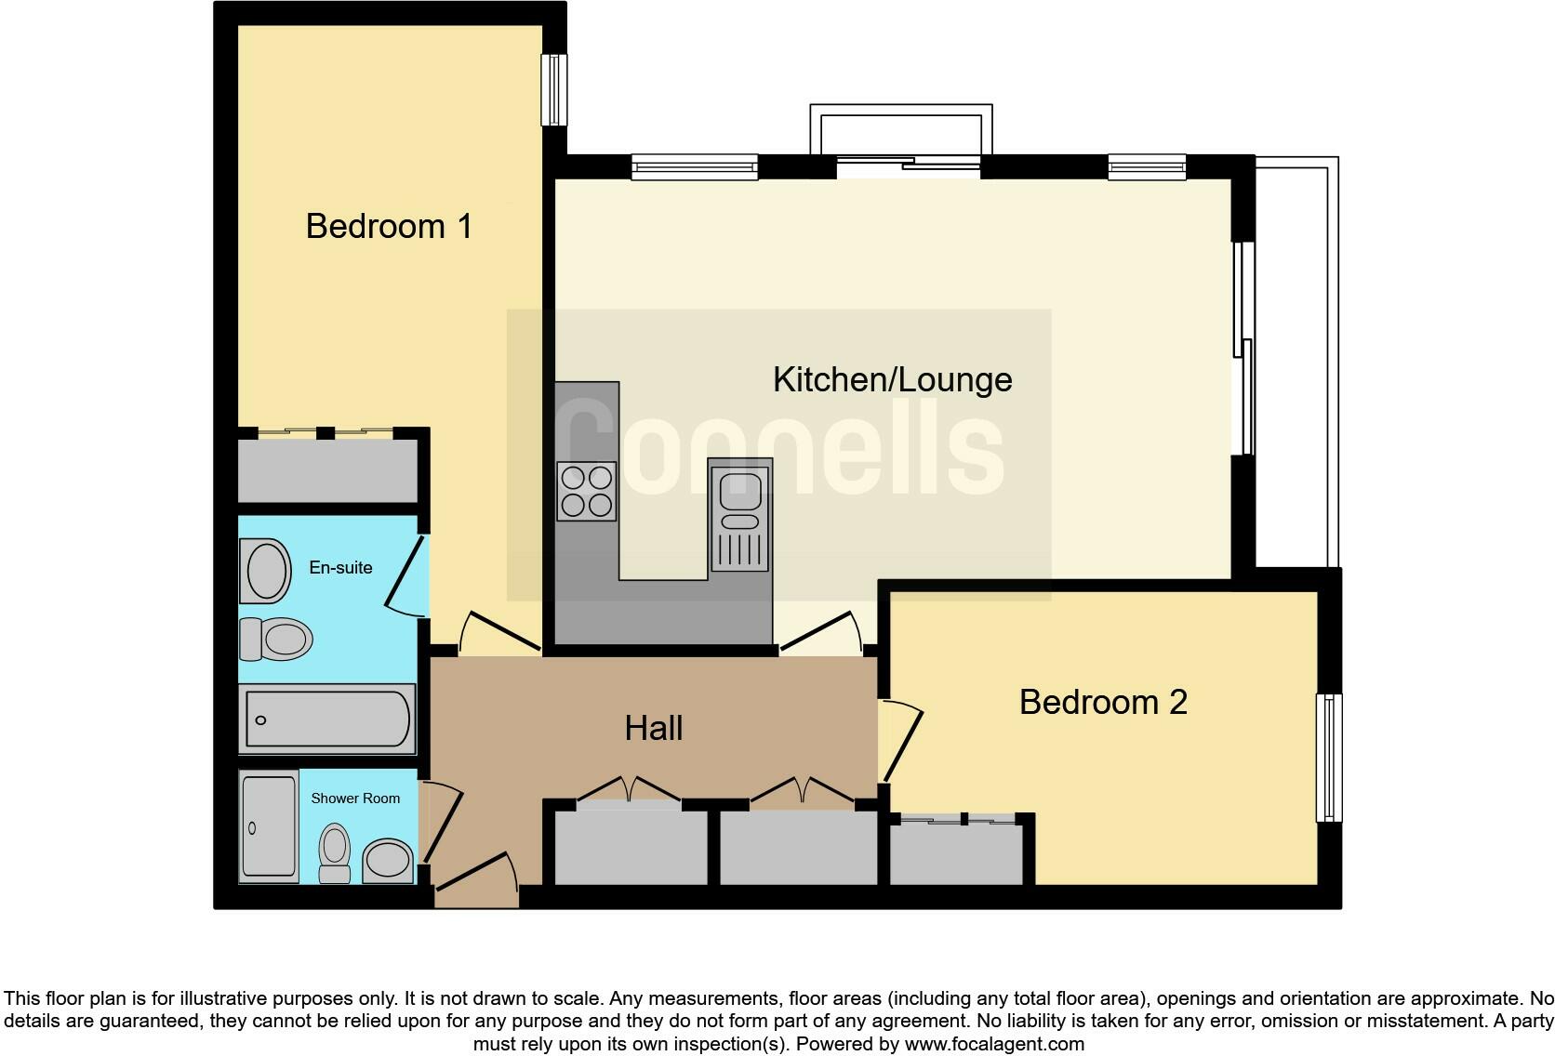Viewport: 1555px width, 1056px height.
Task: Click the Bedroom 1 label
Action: pyautogui.click(x=389, y=226)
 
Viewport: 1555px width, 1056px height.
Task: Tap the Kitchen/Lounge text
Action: pyautogui.click(x=892, y=379)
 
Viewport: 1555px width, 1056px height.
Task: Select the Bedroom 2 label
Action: pyautogui.click(x=1103, y=702)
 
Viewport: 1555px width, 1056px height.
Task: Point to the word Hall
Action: pyautogui.click(x=654, y=728)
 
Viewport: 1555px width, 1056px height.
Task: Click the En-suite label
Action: pyautogui.click(x=340, y=567)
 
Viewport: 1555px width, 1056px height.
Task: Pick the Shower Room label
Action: pyautogui.click(x=354, y=798)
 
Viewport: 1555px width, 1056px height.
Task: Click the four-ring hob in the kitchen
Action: pyautogui.click(x=587, y=492)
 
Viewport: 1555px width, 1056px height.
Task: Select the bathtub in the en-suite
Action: pyautogui.click(x=327, y=719)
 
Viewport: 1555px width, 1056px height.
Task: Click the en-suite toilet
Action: pyautogui.click(x=277, y=640)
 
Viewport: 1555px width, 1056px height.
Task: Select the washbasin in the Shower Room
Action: pyautogui.click(x=388, y=861)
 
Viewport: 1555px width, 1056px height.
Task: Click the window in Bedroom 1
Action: pyautogui.click(x=554, y=89)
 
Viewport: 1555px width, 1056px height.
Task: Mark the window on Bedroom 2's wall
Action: pyautogui.click(x=1330, y=758)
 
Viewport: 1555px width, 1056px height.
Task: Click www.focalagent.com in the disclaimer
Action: pyautogui.click(x=994, y=1044)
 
